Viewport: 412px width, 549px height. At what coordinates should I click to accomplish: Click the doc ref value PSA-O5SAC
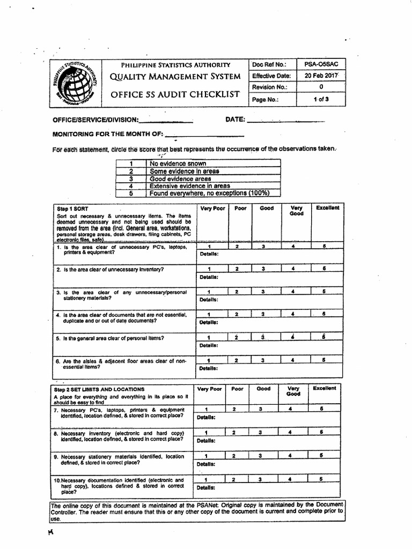pyautogui.click(x=321, y=64)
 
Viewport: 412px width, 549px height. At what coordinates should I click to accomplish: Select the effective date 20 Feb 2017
pyautogui.click(x=321, y=76)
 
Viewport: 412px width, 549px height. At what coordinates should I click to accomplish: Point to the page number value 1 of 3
pyautogui.click(x=321, y=99)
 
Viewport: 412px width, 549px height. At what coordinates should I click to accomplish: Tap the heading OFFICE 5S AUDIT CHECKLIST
pyautogui.click(x=175, y=94)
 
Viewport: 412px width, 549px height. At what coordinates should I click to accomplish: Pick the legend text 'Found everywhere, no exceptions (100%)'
pyautogui.click(x=209, y=193)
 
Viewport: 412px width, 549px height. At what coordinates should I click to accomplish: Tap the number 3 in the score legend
pyautogui.click(x=130, y=179)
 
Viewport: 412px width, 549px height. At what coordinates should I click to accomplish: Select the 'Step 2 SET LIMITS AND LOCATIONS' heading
pyautogui.click(x=91, y=389)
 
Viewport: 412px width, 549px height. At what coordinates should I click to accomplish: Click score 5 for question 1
pyautogui.click(x=324, y=246)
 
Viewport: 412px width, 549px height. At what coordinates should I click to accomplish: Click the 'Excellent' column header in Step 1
pyautogui.click(x=327, y=208)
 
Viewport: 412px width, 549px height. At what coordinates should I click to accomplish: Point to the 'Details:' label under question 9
pyautogui.click(x=206, y=464)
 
